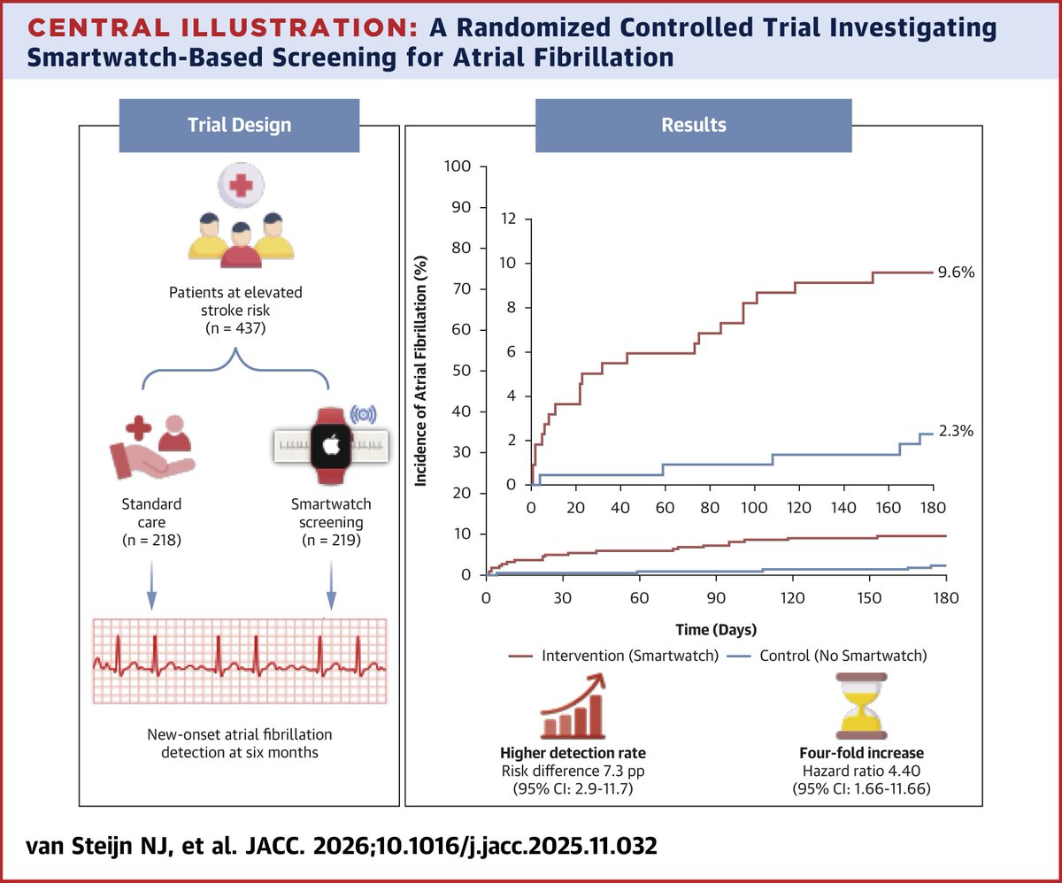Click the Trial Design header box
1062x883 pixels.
[x=239, y=125]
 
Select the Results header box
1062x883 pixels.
[x=693, y=125]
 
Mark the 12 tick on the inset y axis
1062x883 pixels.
[x=508, y=218]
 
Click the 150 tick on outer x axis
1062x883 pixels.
[x=869, y=597]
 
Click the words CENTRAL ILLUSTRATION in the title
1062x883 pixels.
[x=212, y=29]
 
